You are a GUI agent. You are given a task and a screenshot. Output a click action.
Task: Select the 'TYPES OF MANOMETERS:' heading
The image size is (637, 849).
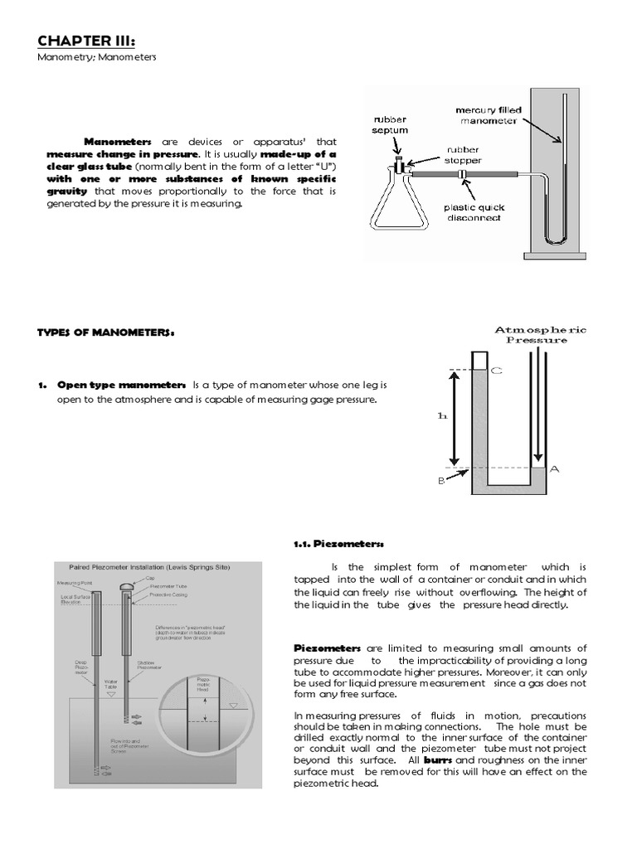click(x=106, y=332)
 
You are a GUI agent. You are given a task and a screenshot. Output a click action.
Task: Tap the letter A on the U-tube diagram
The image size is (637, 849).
click(x=555, y=469)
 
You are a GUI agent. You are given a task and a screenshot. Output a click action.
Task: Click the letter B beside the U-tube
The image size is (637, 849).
click(x=440, y=478)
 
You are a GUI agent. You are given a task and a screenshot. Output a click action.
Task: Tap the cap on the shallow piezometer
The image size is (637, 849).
click(x=126, y=585)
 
